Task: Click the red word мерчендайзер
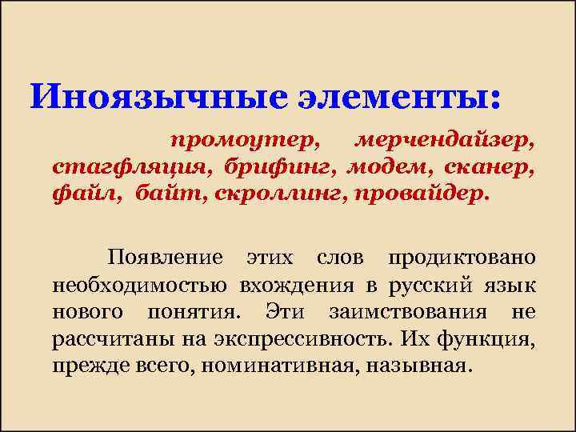click(x=445, y=140)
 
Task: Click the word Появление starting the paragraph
click(x=165, y=260)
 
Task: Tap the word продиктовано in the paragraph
click(x=462, y=260)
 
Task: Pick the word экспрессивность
click(x=303, y=338)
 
